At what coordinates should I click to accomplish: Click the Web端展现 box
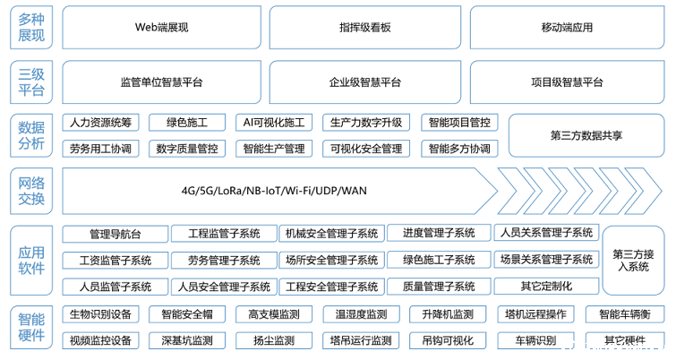tap(161, 28)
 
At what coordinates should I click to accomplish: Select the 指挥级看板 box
tap(365, 28)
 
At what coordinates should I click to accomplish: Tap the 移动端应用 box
tap(568, 28)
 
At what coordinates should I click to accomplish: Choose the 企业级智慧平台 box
tap(365, 82)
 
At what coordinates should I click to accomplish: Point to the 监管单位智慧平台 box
tap(161, 82)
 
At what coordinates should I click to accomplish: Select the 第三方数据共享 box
tap(586, 135)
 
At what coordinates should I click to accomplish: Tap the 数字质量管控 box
tap(186, 149)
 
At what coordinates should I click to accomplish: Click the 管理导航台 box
tap(115, 234)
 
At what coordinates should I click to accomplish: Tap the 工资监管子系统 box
tap(115, 261)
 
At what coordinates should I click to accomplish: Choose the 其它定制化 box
tap(545, 287)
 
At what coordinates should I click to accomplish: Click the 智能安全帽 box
tap(186, 314)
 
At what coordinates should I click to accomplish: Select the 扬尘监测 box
tap(273, 341)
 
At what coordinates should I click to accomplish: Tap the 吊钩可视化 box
tap(448, 341)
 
